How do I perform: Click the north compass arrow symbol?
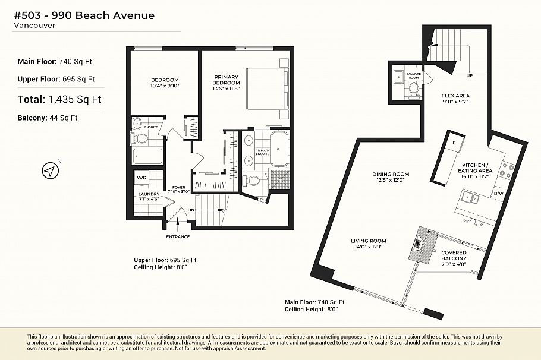51,171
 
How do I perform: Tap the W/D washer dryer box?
142,178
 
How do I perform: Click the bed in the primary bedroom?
266,89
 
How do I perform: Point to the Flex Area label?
455,98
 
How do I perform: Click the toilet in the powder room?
414,89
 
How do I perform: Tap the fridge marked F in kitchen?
454,143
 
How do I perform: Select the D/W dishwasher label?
498,194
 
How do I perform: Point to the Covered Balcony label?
454,255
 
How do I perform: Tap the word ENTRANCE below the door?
178,236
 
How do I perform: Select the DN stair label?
191,210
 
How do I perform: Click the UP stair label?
470,76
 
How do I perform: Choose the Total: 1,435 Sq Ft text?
59,99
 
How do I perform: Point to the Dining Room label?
391,177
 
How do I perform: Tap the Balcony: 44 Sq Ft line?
48,118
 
